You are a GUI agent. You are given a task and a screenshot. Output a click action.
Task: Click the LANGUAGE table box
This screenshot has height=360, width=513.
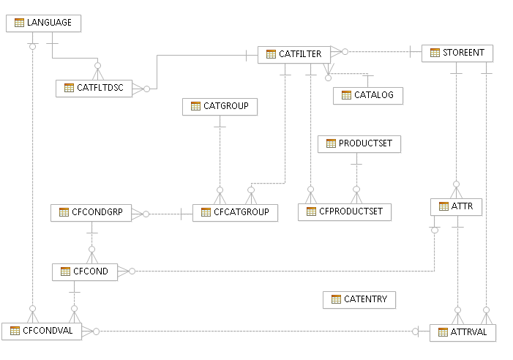click(43, 23)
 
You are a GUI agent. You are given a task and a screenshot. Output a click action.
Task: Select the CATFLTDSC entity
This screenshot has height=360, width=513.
click(94, 88)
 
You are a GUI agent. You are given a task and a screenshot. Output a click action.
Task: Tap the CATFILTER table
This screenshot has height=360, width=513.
click(293, 53)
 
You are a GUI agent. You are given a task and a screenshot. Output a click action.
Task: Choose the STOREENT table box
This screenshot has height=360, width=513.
click(457, 53)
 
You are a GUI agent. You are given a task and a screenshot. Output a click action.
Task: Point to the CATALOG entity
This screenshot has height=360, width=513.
click(368, 95)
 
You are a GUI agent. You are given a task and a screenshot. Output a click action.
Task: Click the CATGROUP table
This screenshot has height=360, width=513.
click(220, 106)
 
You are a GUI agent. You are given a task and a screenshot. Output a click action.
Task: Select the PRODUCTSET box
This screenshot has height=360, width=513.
click(359, 143)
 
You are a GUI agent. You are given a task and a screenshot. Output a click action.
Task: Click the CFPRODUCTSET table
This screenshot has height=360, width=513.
click(345, 212)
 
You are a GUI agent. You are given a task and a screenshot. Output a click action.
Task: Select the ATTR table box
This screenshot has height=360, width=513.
click(456, 206)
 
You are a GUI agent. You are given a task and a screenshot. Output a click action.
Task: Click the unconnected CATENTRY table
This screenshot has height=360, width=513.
click(359, 299)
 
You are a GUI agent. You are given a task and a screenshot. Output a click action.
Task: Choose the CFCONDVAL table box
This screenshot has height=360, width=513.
click(42, 331)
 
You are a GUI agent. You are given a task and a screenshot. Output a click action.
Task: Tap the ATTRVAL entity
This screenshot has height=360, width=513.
click(463, 332)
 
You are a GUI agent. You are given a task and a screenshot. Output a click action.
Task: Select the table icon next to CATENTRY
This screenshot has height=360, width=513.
click(336, 299)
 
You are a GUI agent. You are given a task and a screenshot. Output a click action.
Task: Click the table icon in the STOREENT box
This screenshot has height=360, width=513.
click(435, 53)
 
